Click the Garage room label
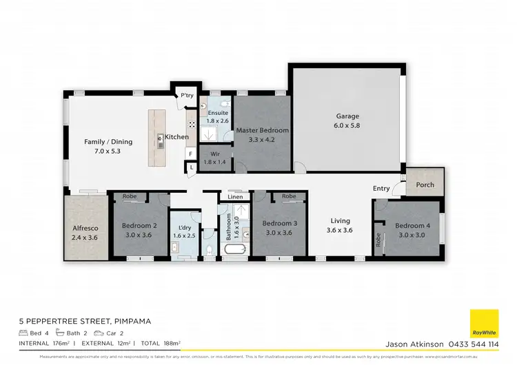pos(347,116)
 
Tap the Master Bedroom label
pos(262,129)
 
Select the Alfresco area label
pos(86,227)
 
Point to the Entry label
pos(381,188)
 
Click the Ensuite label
pos(218,112)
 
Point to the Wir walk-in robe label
pos(214,154)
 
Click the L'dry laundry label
pos(184,228)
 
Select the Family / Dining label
pos(108,142)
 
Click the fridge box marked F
pos(191,155)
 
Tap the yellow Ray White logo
pos(484,324)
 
